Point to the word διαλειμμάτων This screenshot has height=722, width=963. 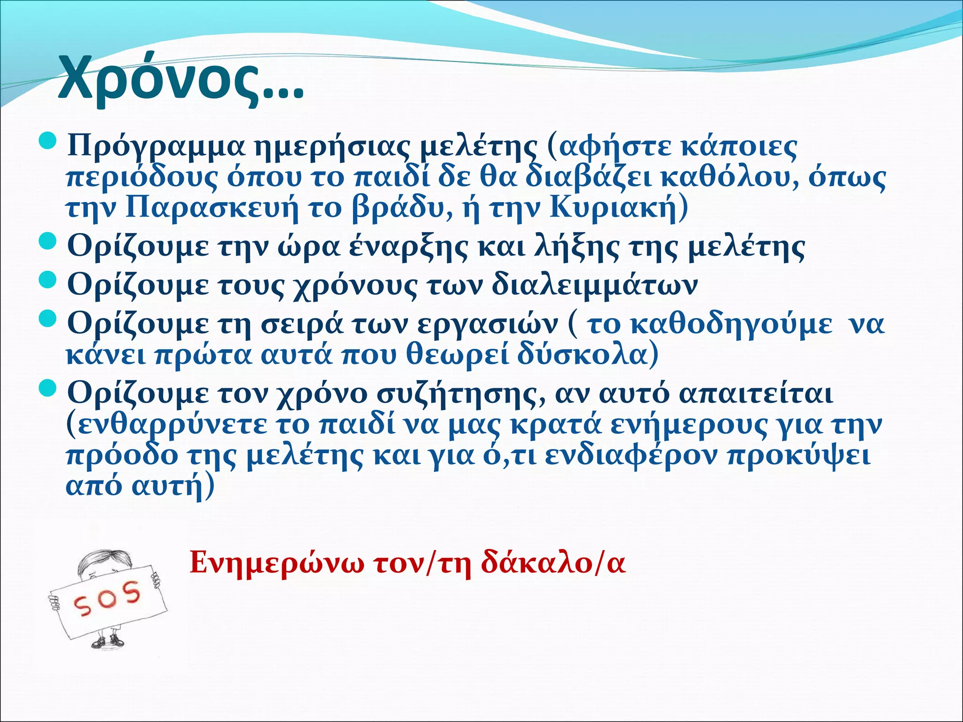pyautogui.click(x=594, y=285)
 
